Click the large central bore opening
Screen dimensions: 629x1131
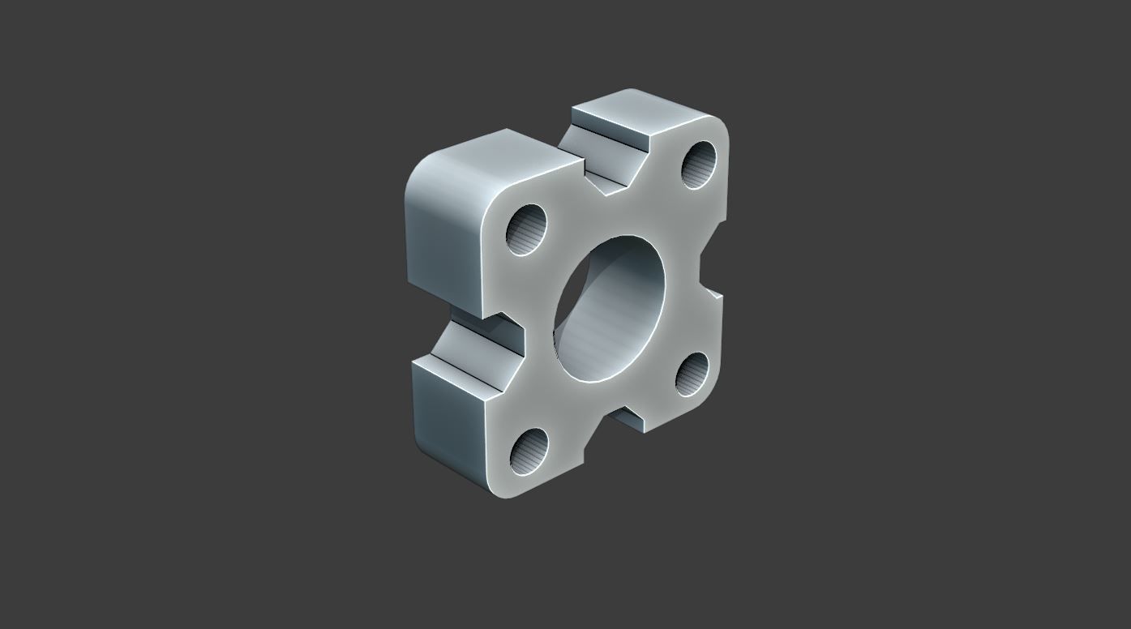click(x=610, y=309)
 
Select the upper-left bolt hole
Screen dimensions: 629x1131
click(x=527, y=229)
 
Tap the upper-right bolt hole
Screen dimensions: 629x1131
click(x=699, y=165)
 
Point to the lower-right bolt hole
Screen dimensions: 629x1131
click(x=692, y=374)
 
